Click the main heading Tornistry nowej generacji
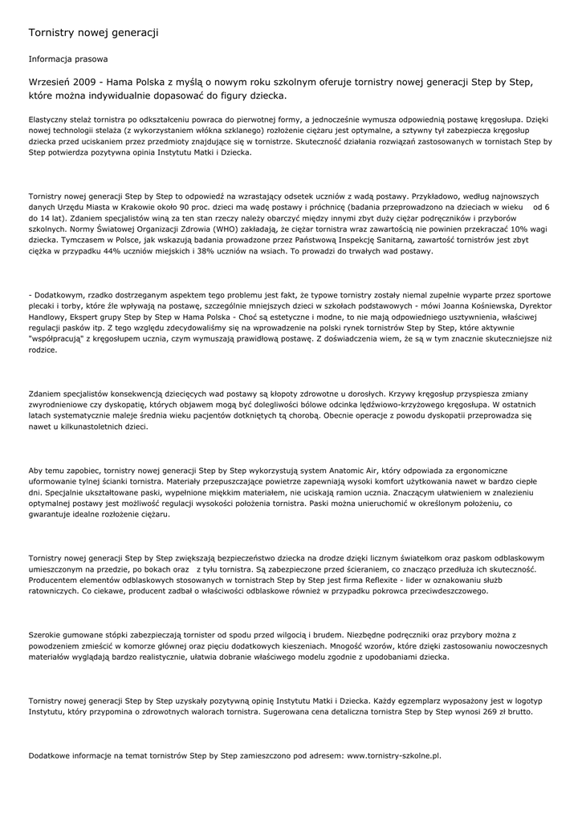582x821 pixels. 93,33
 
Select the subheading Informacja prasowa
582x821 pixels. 68,59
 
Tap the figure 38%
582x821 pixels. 244,251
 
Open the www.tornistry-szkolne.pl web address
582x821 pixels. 393,755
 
